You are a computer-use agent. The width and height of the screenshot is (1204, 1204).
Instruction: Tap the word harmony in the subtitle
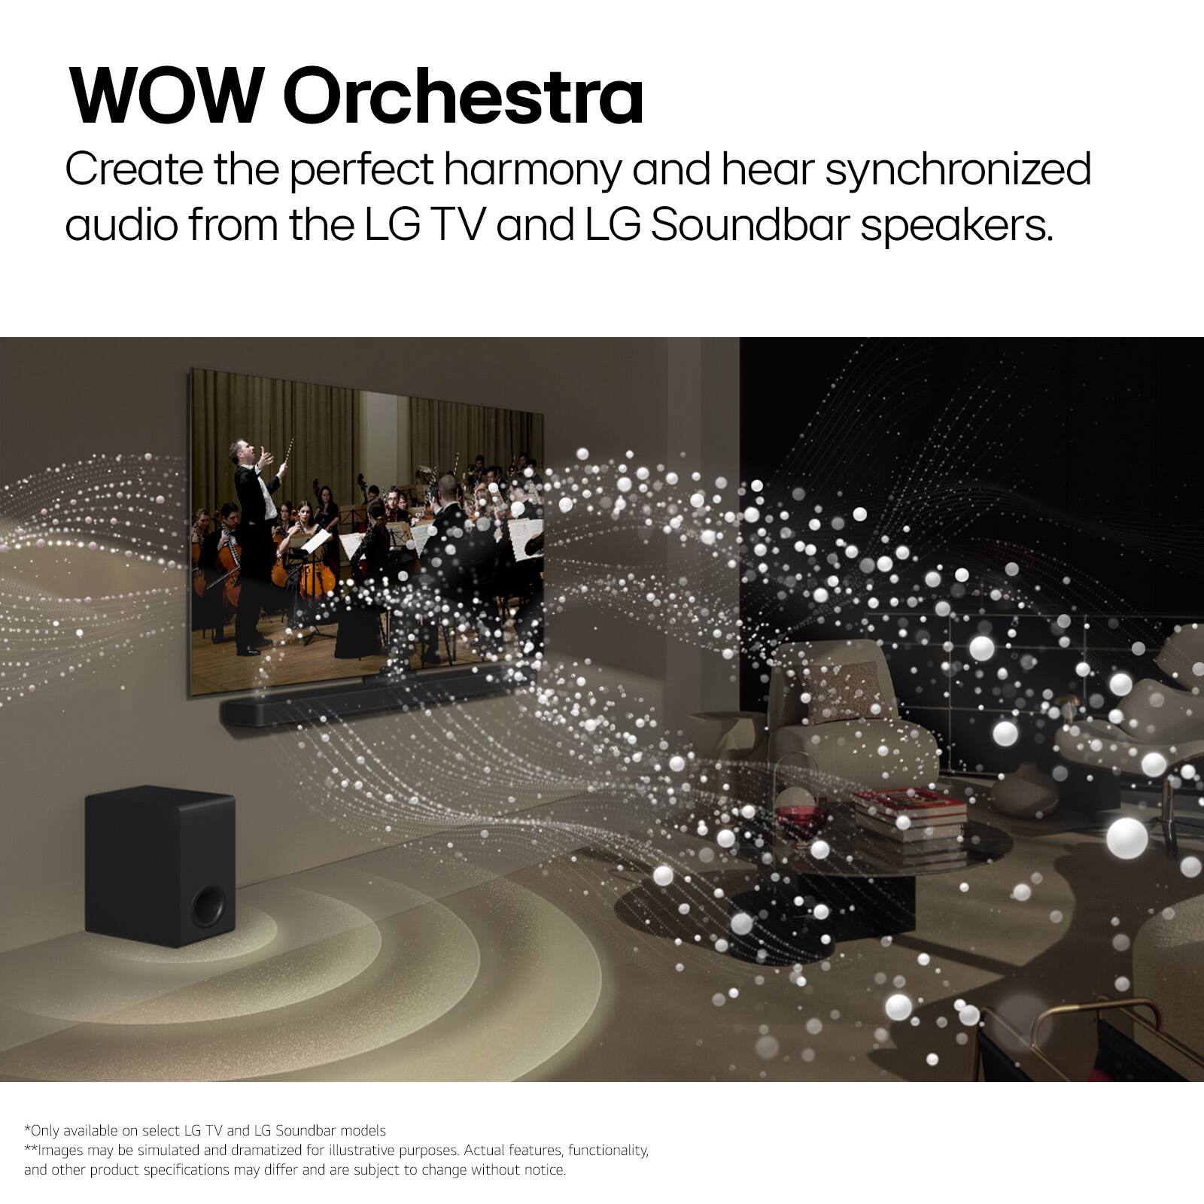(x=531, y=170)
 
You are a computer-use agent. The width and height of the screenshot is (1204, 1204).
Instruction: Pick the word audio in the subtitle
(x=120, y=226)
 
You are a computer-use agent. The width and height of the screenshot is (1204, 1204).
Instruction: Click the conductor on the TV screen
(x=253, y=542)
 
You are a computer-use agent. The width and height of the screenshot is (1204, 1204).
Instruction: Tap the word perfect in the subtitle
(x=360, y=170)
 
